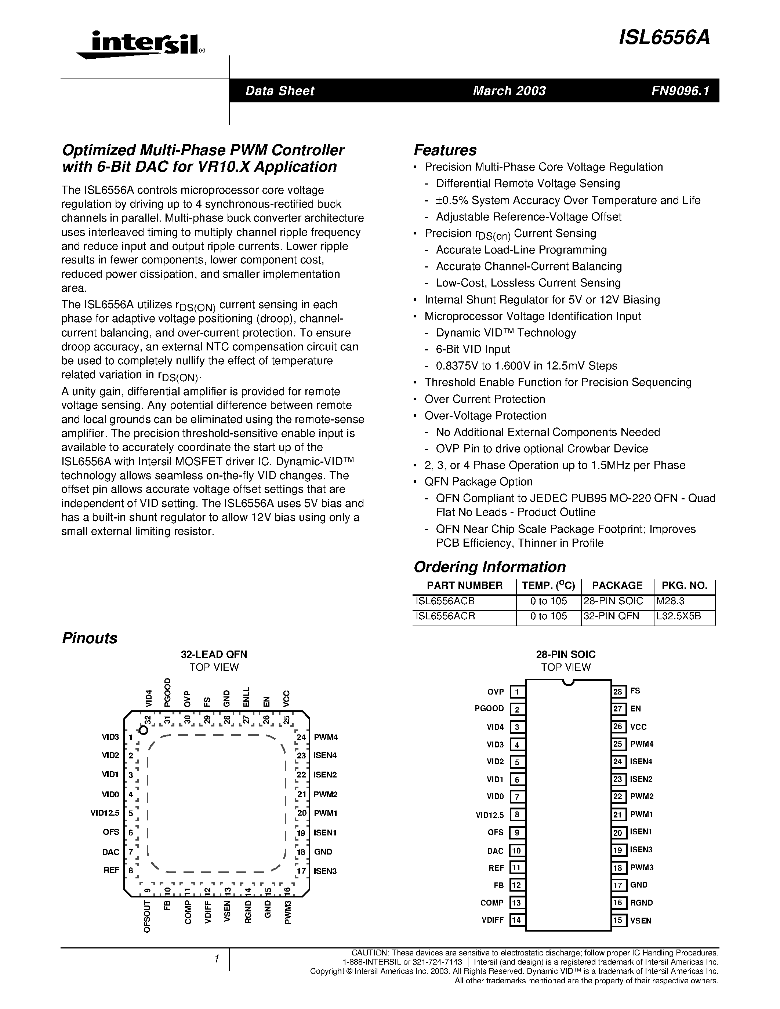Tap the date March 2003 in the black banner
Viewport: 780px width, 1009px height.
point(509,91)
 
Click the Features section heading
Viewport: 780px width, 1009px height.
point(445,150)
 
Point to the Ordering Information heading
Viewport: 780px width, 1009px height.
point(489,567)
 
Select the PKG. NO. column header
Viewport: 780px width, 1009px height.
point(684,586)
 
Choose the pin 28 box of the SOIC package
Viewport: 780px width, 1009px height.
point(618,691)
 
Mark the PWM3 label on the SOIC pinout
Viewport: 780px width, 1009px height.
point(641,868)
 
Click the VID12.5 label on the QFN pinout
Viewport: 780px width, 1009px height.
point(105,813)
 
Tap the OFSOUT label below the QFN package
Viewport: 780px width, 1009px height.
point(147,917)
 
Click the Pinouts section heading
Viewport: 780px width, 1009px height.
point(90,638)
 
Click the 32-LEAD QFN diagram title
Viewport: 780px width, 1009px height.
point(214,654)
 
